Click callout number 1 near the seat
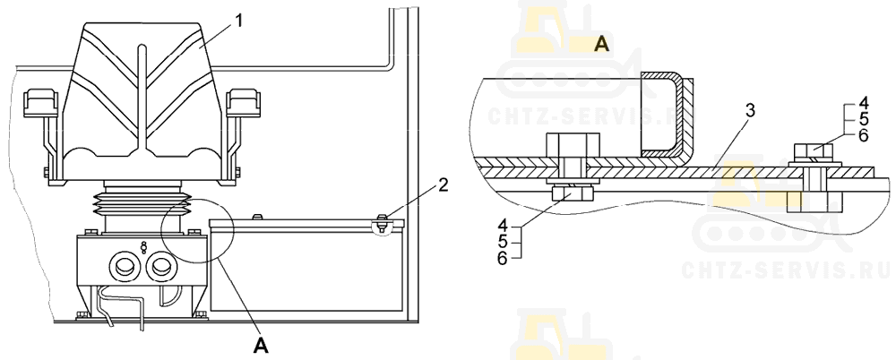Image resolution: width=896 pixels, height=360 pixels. coord(239,21)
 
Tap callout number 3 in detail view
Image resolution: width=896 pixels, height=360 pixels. coord(750,111)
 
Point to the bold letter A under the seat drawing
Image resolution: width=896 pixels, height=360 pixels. coord(261,345)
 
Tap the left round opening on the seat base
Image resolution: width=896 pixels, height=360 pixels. coord(122,265)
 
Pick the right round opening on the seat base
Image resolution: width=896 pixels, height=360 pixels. coord(160,265)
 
